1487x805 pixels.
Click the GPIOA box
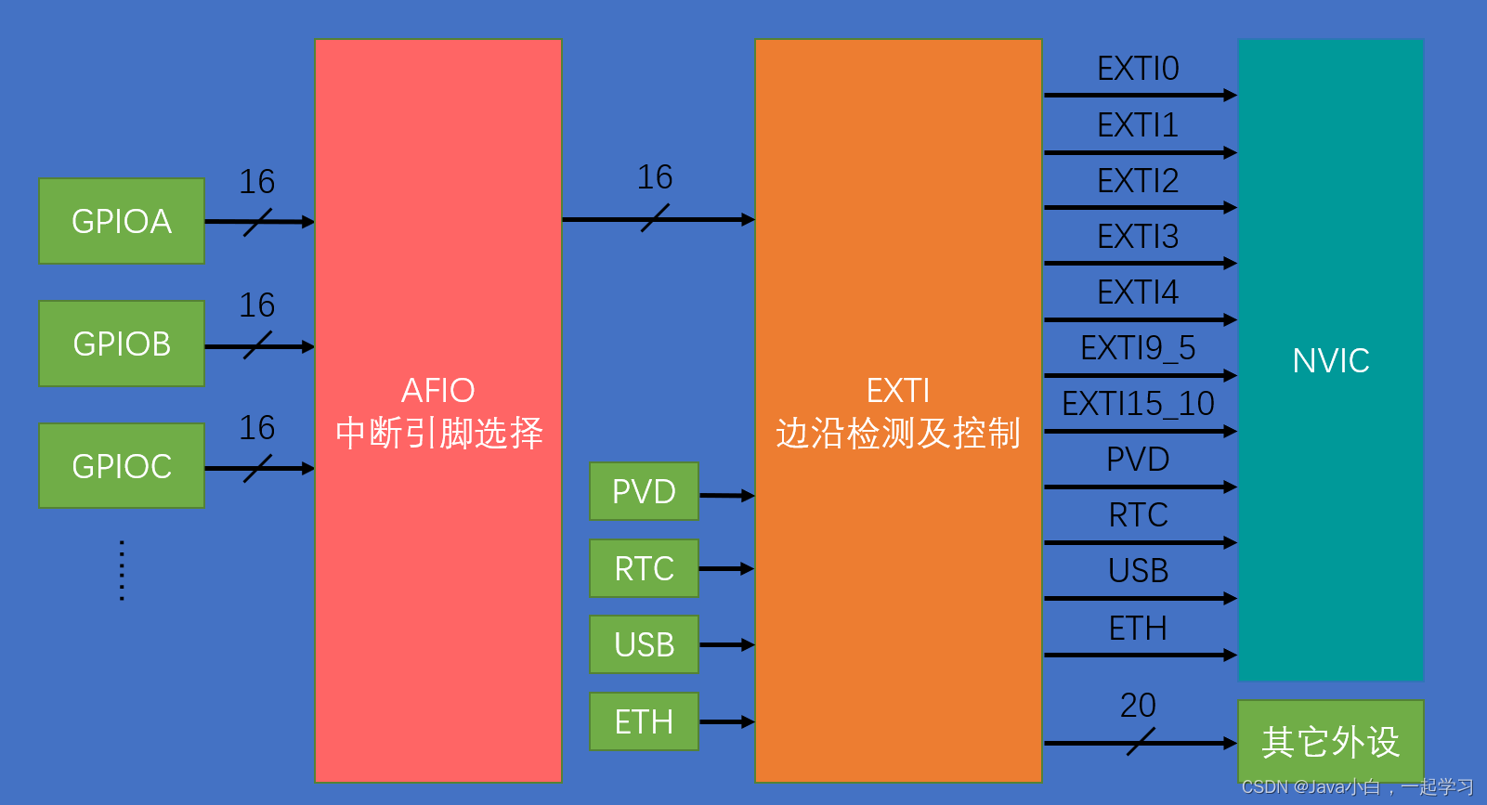pyautogui.click(x=122, y=221)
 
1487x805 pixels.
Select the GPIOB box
pyautogui.click(x=122, y=344)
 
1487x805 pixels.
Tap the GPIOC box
pyautogui.click(x=122, y=465)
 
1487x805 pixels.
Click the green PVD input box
pyautogui.click(x=644, y=491)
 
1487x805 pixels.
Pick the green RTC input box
pyautogui.click(x=644, y=568)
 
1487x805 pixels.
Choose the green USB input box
pyautogui.click(x=644, y=644)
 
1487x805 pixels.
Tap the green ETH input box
pyautogui.click(x=644, y=721)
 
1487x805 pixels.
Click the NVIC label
pyautogui.click(x=1330, y=360)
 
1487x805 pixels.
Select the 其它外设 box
pyautogui.click(x=1330, y=741)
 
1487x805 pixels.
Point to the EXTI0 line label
pyautogui.click(x=1138, y=69)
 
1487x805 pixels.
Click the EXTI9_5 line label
pyautogui.click(x=1138, y=348)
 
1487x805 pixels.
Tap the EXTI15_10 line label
pyautogui.click(x=1138, y=404)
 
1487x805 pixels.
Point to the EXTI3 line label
pyautogui.click(x=1138, y=237)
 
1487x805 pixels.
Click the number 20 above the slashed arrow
pyautogui.click(x=1138, y=706)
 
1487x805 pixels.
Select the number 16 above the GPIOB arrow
pyautogui.click(x=256, y=305)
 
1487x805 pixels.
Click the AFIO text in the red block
pyautogui.click(x=437, y=390)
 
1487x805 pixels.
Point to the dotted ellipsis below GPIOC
pyautogui.click(x=122, y=570)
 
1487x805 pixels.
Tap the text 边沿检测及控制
pyautogui.click(x=898, y=434)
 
